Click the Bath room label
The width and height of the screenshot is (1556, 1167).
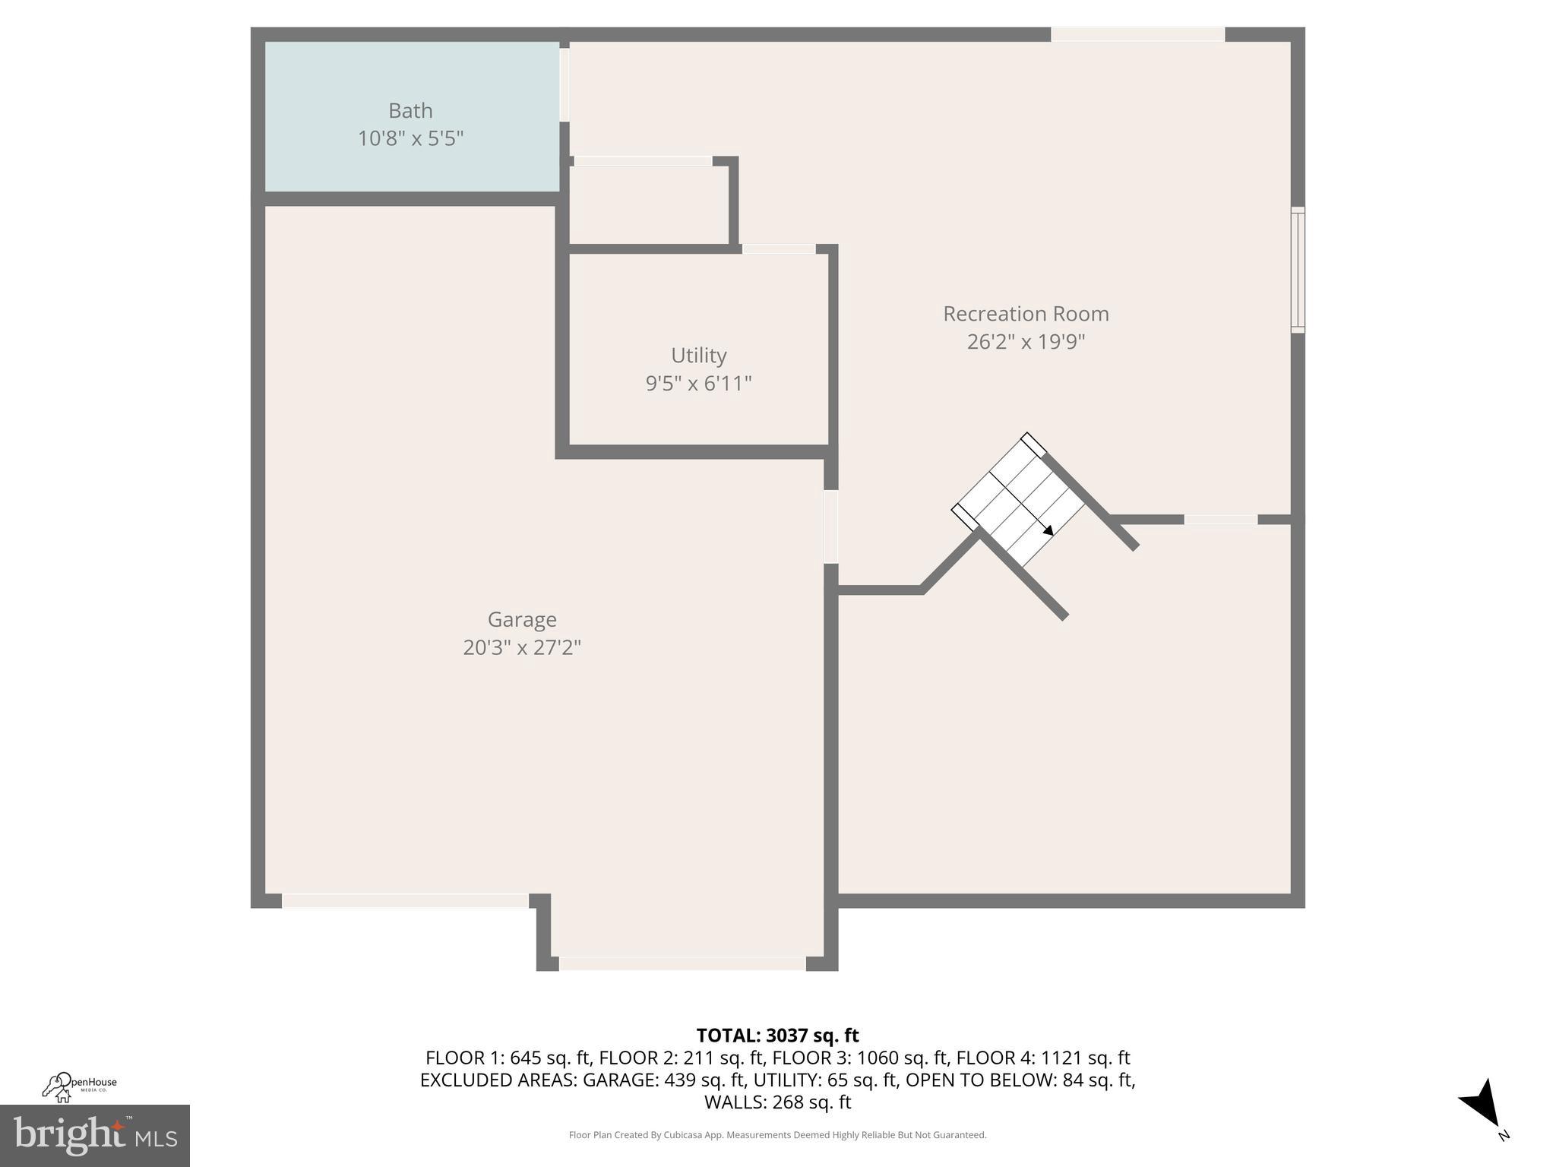click(x=410, y=111)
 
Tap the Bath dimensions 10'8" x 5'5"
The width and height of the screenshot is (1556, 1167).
click(x=410, y=139)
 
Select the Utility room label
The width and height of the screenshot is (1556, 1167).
click(x=698, y=356)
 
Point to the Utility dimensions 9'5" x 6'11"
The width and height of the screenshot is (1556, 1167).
click(x=698, y=384)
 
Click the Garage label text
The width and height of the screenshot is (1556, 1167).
click(x=522, y=620)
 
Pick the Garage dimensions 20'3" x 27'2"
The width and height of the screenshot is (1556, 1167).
click(x=522, y=648)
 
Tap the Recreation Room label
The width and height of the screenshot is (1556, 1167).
click(x=1026, y=314)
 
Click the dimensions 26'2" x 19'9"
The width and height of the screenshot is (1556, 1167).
click(x=1026, y=342)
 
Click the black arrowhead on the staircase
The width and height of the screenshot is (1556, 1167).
click(x=1048, y=530)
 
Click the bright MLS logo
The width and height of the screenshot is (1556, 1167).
click(x=95, y=1135)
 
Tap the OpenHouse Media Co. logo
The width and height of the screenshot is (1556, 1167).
click(x=79, y=1086)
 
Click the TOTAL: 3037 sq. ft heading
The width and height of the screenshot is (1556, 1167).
click(x=777, y=1036)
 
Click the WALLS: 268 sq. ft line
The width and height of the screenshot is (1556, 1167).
click(x=777, y=1102)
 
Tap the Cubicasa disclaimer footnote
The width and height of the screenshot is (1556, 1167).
click(x=777, y=1135)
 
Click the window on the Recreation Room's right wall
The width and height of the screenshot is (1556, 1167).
click(x=1298, y=270)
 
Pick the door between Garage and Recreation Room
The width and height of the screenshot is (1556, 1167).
click(x=831, y=527)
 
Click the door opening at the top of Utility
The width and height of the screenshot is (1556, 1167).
click(x=779, y=249)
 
